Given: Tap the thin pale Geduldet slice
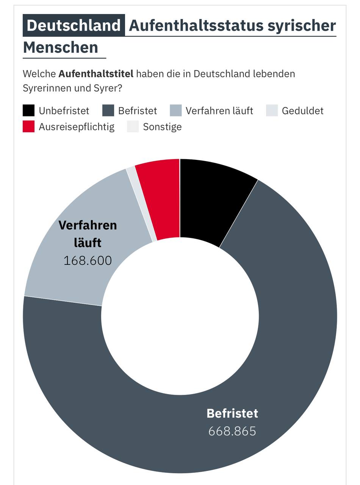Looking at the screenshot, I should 142,205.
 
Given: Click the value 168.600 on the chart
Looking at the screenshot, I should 88,261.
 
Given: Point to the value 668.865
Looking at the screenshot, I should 232,431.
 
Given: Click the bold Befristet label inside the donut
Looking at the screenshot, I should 232,413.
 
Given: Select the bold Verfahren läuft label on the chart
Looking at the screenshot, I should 88,233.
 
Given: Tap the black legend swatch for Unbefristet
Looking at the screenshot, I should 29,111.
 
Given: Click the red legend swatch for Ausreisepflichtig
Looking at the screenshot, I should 29,127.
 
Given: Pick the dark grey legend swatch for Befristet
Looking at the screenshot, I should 108,111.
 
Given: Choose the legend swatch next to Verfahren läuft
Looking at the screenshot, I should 176,111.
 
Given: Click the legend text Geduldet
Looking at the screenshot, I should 302,111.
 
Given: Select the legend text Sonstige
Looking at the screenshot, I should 162,127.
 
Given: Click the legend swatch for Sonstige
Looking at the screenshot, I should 133,127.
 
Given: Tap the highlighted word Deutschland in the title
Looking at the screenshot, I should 74,25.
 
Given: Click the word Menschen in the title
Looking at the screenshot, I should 61,47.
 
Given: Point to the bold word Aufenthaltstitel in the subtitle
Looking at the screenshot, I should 96,74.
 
